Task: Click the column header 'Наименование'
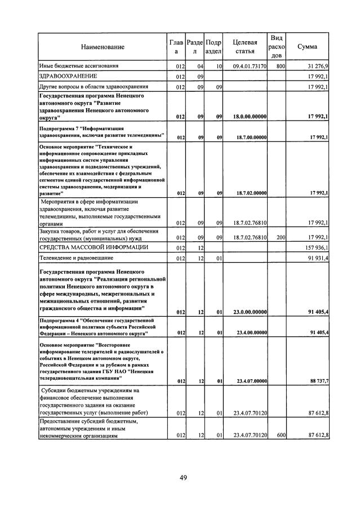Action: [103, 47]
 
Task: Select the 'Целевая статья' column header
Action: [245, 47]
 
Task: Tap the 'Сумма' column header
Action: [307, 47]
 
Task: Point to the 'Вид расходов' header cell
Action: [277, 46]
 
